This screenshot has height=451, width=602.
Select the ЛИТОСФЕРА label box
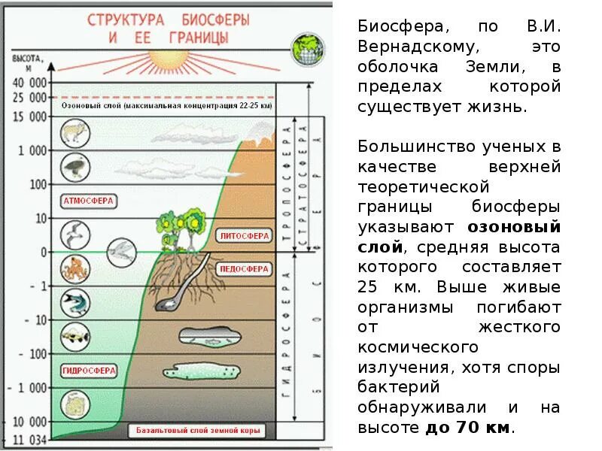tap(244, 235)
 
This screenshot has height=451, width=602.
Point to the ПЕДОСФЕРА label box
tap(244, 268)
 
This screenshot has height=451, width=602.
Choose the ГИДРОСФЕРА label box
tap(88, 370)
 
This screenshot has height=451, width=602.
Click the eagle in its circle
tap(74, 167)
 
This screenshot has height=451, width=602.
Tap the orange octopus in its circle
tap(74, 268)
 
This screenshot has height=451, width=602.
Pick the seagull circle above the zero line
tap(74, 235)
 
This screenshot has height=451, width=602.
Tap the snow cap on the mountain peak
tap(257, 134)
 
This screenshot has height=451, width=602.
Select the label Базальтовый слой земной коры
tap(198, 431)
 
